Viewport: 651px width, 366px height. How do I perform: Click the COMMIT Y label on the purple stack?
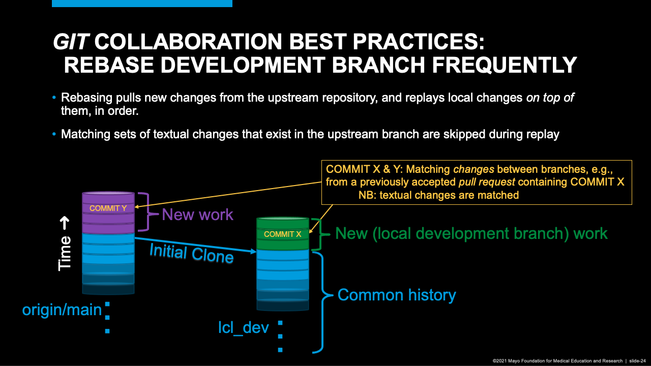(108, 208)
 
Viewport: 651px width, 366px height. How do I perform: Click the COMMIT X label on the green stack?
(282, 234)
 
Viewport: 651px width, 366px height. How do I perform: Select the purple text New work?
(197, 215)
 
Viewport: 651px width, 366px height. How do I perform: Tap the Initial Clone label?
(192, 254)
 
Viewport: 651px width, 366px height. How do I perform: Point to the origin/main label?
(62, 310)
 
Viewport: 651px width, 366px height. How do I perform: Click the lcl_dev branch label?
(244, 328)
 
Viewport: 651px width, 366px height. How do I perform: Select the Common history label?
(397, 295)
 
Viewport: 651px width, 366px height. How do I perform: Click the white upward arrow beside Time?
(65, 223)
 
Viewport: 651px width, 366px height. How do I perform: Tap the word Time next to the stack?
(65, 253)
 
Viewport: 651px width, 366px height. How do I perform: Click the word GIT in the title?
(70, 42)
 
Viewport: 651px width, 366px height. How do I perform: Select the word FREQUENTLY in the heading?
(504, 65)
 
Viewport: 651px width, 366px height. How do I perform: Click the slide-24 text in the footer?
(637, 361)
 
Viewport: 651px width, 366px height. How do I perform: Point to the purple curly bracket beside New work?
(147, 212)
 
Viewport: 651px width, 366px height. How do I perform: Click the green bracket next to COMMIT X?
(320, 234)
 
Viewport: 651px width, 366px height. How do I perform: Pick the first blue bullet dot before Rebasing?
(54, 97)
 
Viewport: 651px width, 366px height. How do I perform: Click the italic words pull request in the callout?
(487, 182)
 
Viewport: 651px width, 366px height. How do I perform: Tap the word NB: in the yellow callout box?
(367, 195)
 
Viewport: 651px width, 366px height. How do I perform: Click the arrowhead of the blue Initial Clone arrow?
(253, 251)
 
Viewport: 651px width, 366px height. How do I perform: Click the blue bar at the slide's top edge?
(142, 3)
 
